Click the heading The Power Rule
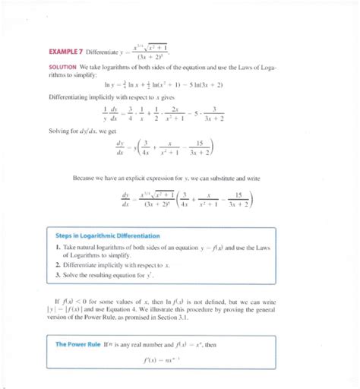pyautogui.click(x=80, y=344)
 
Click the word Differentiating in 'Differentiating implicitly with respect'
pyautogui.click(x=72, y=96)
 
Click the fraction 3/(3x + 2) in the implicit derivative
pyautogui.click(x=218, y=113)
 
